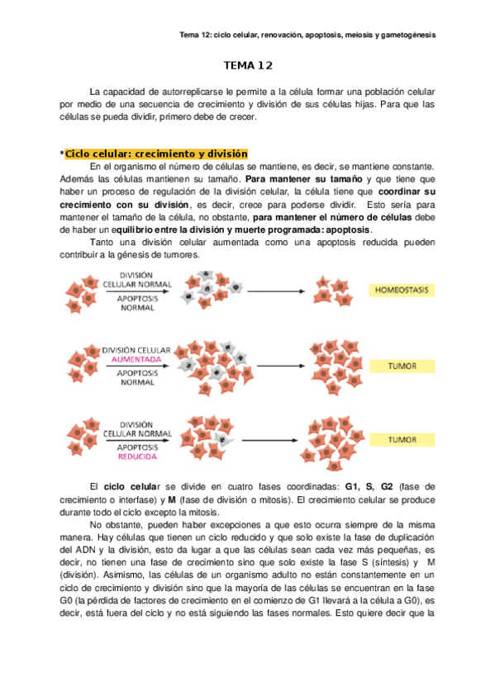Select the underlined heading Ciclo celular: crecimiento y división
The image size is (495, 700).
[155, 154]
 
